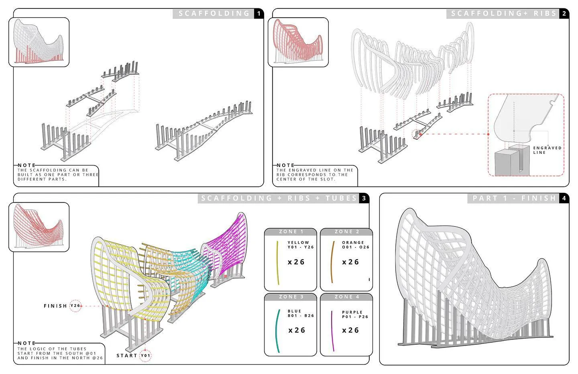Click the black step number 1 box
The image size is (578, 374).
(259, 14)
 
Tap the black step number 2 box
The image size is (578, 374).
(564, 14)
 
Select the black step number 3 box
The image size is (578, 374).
(364, 198)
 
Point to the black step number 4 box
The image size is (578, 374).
(564, 198)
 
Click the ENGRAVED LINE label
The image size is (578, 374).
(547, 150)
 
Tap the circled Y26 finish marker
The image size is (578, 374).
(75, 306)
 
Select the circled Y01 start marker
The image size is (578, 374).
(145, 356)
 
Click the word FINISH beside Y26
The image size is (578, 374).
(55, 306)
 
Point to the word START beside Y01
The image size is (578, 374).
(127, 356)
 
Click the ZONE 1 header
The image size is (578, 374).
(291, 232)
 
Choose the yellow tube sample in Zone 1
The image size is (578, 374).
(278, 263)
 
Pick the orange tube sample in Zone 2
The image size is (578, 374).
(332, 262)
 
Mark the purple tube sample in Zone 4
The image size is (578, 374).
(332, 331)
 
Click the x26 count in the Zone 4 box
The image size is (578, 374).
(350, 330)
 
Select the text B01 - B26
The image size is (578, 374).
(301, 316)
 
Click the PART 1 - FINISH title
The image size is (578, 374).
(514, 198)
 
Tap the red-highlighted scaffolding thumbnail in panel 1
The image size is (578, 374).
(39, 42)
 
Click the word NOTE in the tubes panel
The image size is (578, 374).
(26, 343)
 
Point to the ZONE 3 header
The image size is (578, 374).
(291, 297)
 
